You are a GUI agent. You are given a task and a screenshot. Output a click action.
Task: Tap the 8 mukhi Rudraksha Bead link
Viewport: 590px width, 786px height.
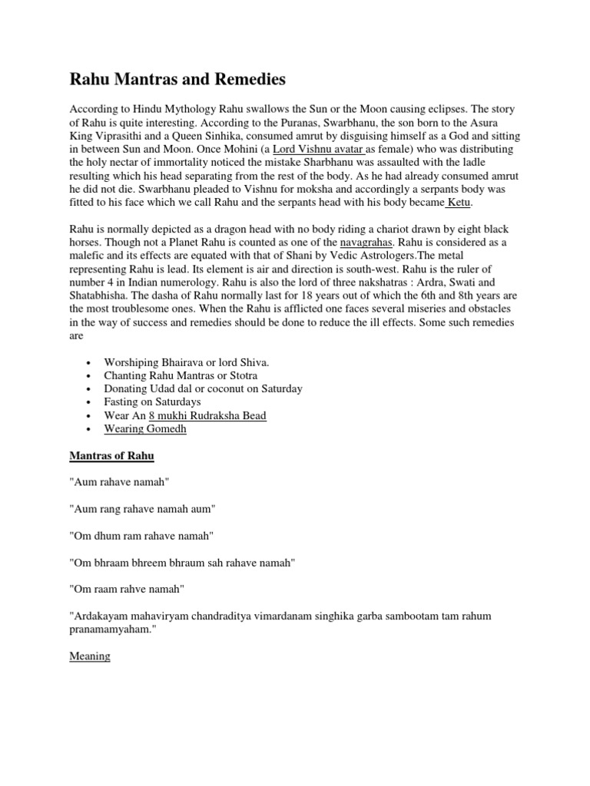click(201, 415)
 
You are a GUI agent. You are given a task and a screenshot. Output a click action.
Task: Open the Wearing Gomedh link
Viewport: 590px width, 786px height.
click(145, 429)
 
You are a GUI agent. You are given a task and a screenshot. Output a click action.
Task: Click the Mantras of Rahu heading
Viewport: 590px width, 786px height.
click(111, 456)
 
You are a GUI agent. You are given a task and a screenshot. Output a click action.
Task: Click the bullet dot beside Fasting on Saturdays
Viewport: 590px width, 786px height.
click(91, 402)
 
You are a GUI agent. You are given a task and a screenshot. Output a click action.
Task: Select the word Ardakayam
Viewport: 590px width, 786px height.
click(106, 616)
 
